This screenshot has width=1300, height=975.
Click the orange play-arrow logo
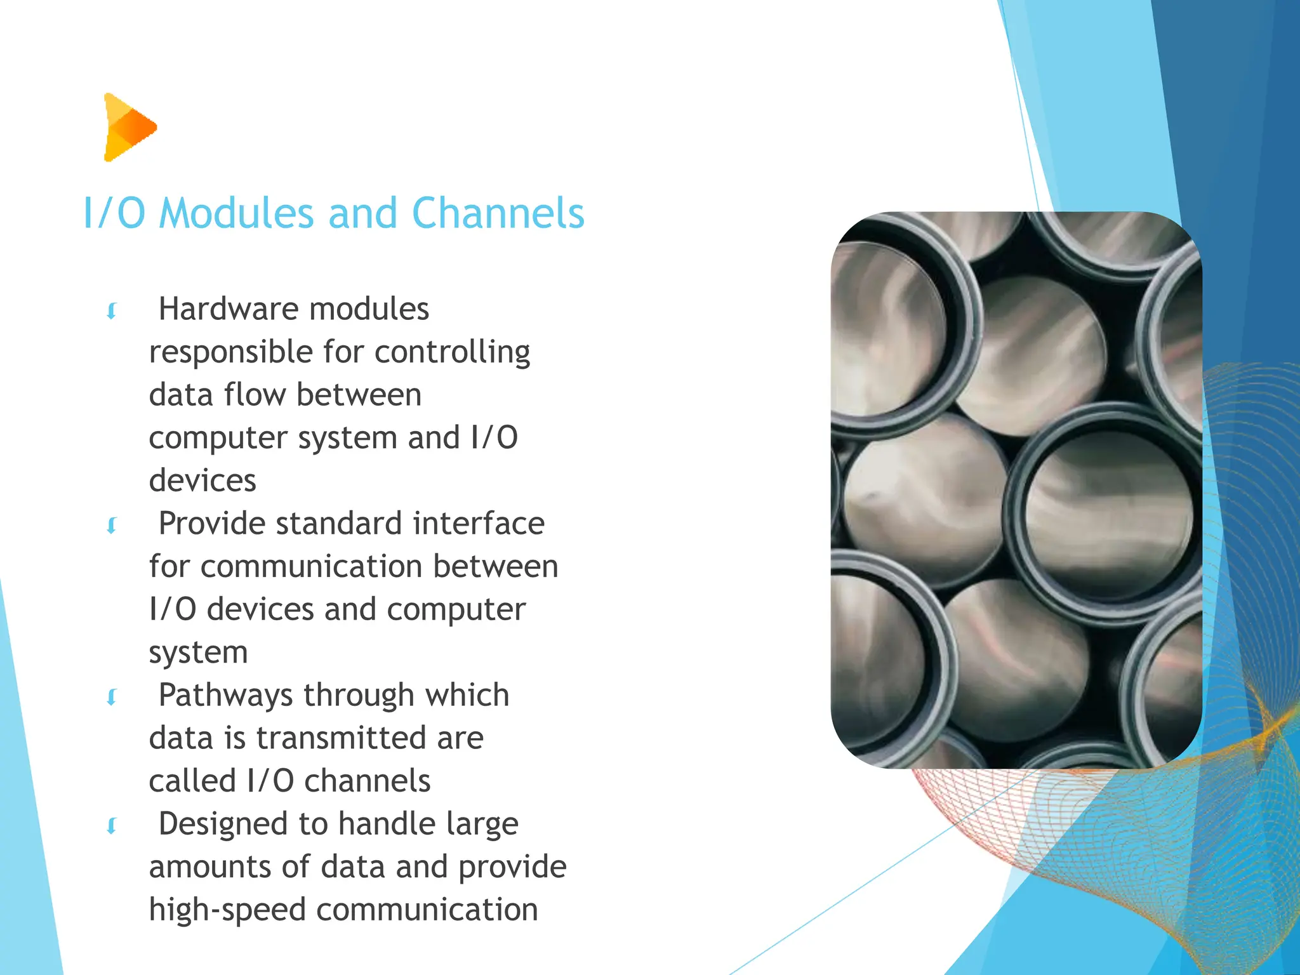129,127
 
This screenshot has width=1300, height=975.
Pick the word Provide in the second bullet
211,524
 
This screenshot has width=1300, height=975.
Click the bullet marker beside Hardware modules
112,311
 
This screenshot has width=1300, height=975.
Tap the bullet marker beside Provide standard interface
112,526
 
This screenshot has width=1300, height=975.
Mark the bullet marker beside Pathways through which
112,697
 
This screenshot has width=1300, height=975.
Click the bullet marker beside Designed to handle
112,826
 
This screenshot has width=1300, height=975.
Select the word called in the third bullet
192,781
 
